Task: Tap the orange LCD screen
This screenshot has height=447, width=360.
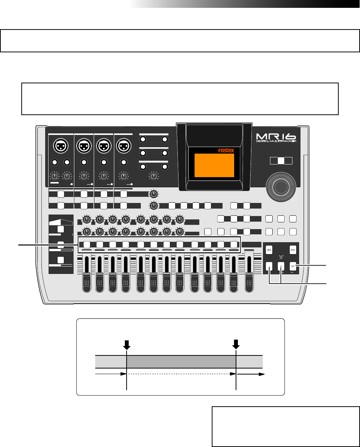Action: coord(214,165)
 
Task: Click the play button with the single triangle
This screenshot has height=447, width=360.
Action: coord(294,266)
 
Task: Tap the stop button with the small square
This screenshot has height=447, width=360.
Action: coord(281,266)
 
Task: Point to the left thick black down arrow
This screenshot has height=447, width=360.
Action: coord(127,344)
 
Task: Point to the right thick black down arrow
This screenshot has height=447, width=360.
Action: coord(236,344)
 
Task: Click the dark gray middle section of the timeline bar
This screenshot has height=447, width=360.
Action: coord(181,362)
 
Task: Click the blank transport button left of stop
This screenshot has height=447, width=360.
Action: coord(269,266)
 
